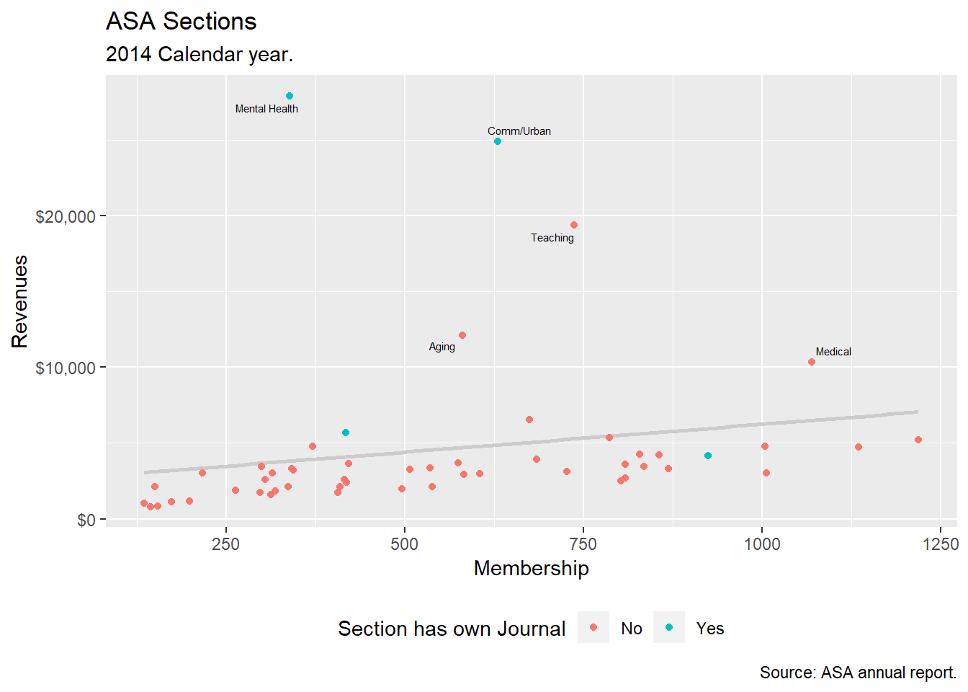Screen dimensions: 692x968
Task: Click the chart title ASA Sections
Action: coord(181,22)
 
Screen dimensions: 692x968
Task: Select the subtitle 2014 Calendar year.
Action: coord(199,55)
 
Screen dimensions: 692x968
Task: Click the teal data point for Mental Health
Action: coord(290,96)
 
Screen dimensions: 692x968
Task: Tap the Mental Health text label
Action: coord(266,109)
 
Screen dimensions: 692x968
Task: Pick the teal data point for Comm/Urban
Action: coord(498,142)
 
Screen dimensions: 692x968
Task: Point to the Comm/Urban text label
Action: coord(519,131)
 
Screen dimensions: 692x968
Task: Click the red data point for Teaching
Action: coord(574,225)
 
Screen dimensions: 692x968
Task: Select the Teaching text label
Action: coord(552,238)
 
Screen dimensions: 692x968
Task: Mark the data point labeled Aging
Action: coord(462,335)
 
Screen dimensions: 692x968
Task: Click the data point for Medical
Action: coord(812,362)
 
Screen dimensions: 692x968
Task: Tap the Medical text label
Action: coord(833,352)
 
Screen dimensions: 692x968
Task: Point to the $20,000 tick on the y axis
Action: coord(66,216)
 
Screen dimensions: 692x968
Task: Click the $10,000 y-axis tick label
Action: coord(66,368)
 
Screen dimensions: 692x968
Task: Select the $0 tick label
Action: coord(86,520)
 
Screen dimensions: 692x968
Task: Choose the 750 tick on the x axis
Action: coord(583,544)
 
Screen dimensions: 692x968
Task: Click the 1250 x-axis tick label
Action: coord(941,544)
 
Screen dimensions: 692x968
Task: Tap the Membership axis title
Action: coord(531,568)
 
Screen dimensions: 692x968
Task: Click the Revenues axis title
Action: coord(20,301)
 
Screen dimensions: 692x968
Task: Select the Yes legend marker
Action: coord(669,627)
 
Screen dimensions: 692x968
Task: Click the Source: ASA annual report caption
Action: coord(858,673)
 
